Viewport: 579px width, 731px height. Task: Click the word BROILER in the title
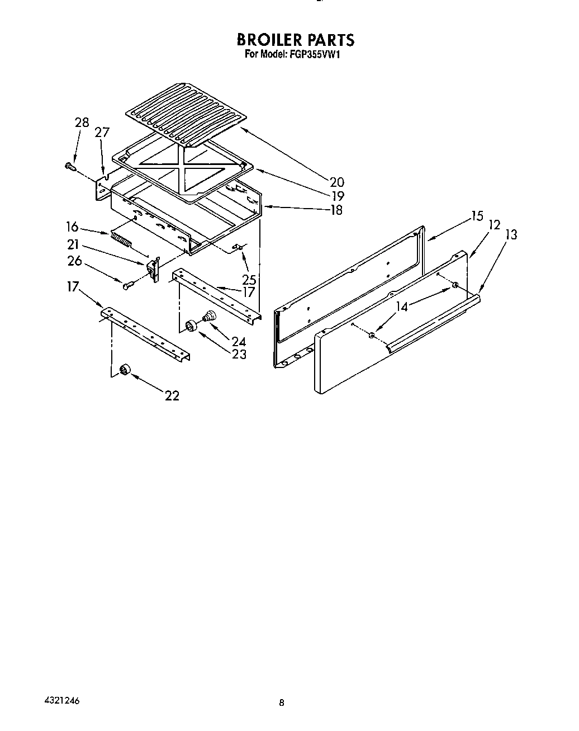pyautogui.click(x=267, y=40)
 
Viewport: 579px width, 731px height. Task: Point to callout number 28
pyautogui.click(x=82, y=122)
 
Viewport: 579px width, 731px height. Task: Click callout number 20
pyautogui.click(x=336, y=182)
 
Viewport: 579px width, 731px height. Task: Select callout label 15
pyautogui.click(x=476, y=216)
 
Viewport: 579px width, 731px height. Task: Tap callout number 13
pyautogui.click(x=511, y=234)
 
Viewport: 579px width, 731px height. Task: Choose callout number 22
pyautogui.click(x=172, y=395)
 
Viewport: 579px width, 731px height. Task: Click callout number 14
pyautogui.click(x=402, y=306)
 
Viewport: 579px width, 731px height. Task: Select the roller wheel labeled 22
pyautogui.click(x=125, y=369)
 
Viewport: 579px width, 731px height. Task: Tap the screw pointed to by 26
pyautogui.click(x=127, y=285)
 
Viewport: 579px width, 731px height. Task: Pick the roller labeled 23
pyautogui.click(x=192, y=326)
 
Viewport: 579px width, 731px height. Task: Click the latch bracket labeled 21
pyautogui.click(x=153, y=268)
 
